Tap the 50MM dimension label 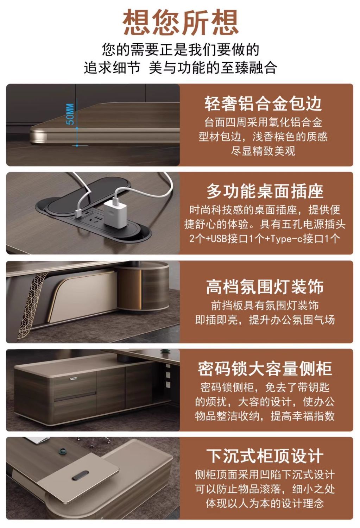(x=70, y=114)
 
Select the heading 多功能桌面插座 (x=265, y=191)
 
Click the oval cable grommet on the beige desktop (x=80, y=475)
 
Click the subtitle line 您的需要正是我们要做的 (x=181, y=50)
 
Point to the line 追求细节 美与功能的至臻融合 (x=181, y=68)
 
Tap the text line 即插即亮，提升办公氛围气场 (x=265, y=320)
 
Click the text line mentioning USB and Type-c (x=265, y=239)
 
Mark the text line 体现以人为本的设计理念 (x=265, y=503)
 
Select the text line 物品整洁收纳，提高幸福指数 (x=265, y=416)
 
